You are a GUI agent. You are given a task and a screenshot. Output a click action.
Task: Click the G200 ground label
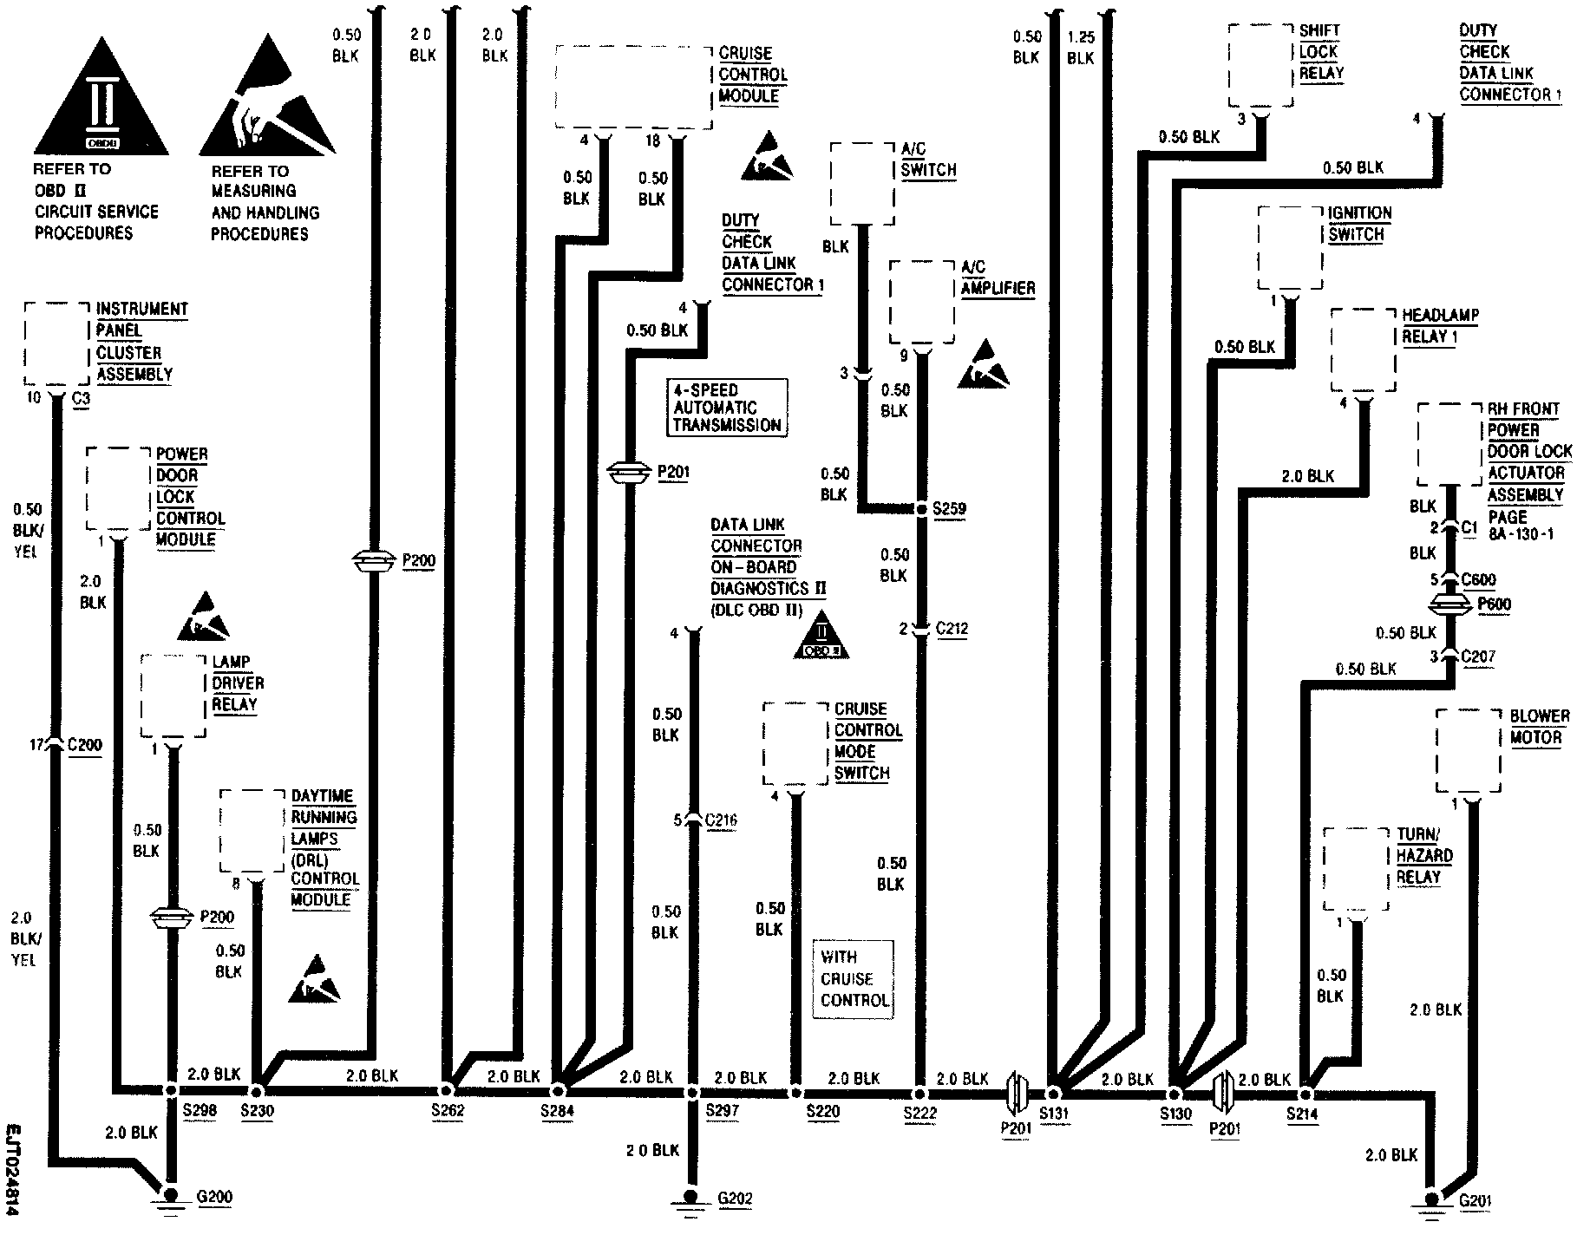coord(215,1198)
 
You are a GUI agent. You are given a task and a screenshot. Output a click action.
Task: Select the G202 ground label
coord(735,1199)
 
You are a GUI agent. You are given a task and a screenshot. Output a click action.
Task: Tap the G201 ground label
coord(1476,1202)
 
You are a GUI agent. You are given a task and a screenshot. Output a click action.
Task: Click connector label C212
coord(952,628)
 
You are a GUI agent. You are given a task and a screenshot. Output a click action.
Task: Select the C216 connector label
coord(722,820)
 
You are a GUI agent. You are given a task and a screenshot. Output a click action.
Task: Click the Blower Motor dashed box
coord(1468,750)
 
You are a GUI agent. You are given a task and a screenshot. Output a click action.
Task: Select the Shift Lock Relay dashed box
coord(1261,65)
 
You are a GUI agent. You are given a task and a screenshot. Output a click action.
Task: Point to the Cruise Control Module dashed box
coord(634,88)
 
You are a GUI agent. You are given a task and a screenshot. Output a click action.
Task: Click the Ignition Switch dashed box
coord(1291,250)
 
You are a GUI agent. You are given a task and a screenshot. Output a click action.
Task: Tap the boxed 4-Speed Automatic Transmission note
coord(728,408)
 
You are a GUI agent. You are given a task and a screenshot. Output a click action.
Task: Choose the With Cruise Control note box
coord(854,979)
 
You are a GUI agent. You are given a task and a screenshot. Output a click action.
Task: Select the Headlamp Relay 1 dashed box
coord(1363,351)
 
